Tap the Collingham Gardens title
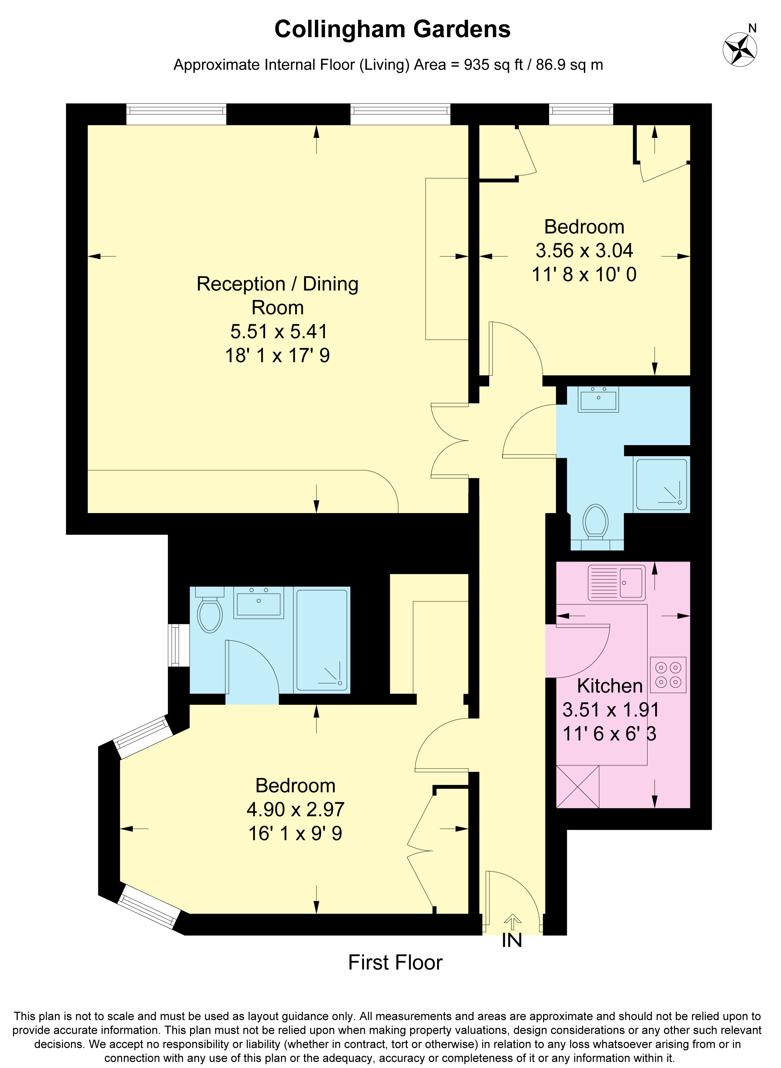click(x=393, y=29)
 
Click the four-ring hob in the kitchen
click(x=668, y=675)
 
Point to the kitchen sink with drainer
click(x=616, y=583)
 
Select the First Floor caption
click(x=395, y=963)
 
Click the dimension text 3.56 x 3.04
click(x=584, y=251)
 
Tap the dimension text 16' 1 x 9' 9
click(x=295, y=833)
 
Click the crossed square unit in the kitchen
click(x=578, y=787)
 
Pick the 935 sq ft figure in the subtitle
click(x=494, y=65)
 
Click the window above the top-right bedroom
click(x=581, y=114)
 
